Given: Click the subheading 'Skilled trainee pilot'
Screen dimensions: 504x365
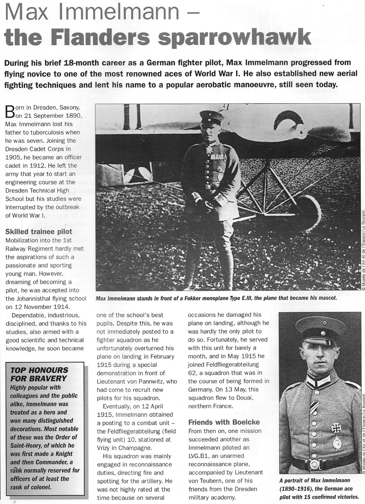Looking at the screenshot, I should (x=39, y=232).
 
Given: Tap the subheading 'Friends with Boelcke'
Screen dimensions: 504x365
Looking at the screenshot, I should (x=224, y=422).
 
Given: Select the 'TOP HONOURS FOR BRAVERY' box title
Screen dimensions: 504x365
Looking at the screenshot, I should (x=39, y=374).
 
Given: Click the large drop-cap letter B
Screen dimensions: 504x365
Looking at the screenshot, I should (x=10, y=112).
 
